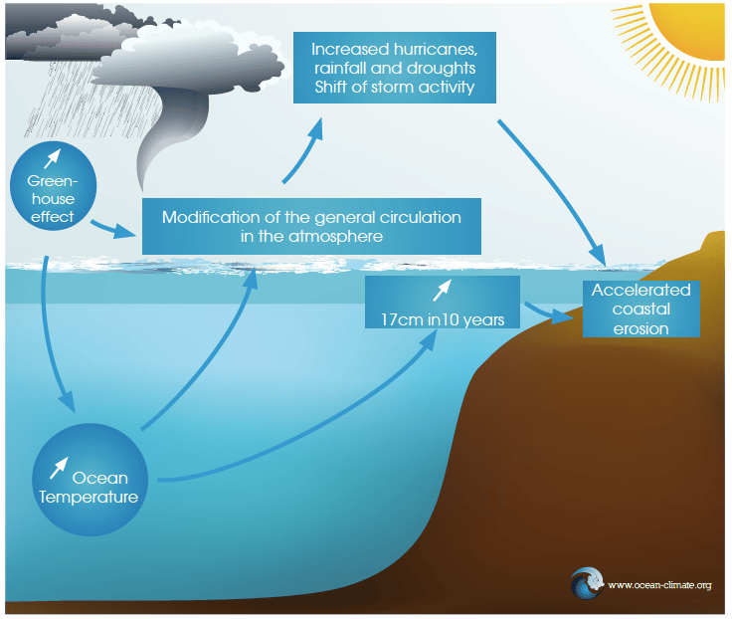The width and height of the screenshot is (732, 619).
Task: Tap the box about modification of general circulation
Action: (x=311, y=227)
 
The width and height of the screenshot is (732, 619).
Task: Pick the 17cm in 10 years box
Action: (x=442, y=308)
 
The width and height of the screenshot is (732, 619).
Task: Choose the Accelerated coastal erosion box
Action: (x=640, y=309)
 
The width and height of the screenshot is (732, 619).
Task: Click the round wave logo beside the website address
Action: (x=587, y=583)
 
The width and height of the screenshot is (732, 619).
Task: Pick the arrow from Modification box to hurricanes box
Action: (x=303, y=149)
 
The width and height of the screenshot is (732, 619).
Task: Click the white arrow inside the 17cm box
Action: (x=441, y=291)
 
